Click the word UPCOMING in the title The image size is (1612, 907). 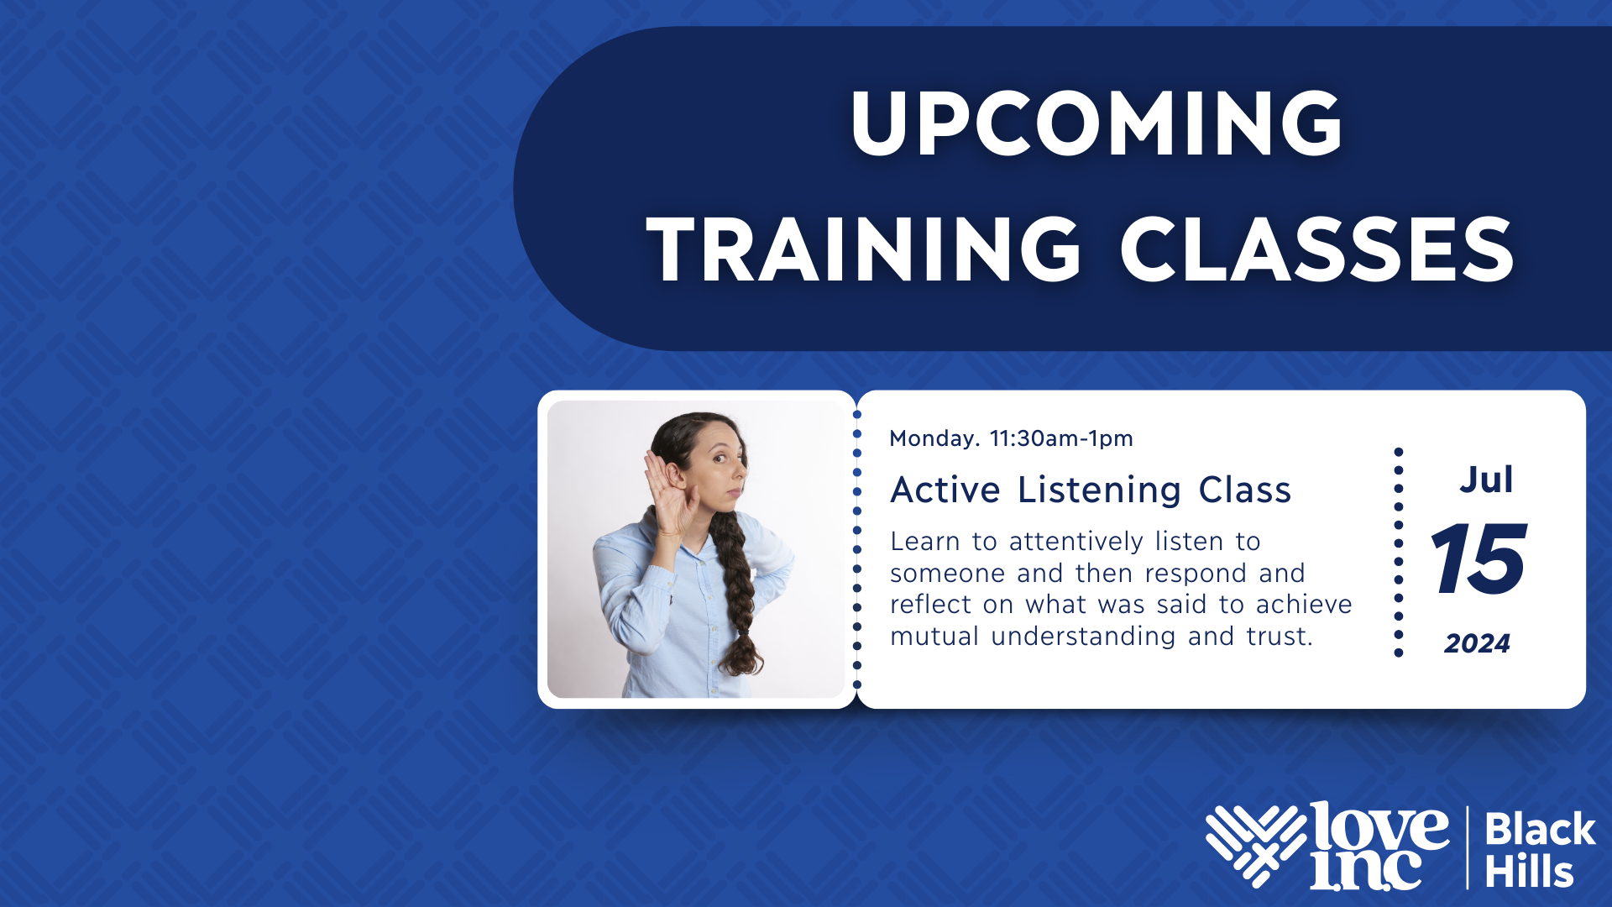point(1096,123)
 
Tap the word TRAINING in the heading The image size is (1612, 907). point(864,249)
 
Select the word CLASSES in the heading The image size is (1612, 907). point(1317,249)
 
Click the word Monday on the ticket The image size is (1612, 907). point(932,438)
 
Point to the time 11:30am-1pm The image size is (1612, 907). point(1061,438)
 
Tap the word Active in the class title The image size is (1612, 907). point(945,490)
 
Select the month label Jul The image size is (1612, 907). point(1486,480)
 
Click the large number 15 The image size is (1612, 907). point(1479,558)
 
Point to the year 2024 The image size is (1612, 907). point(1477,643)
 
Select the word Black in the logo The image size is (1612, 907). point(1540,830)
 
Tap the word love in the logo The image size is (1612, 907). point(1379,827)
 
